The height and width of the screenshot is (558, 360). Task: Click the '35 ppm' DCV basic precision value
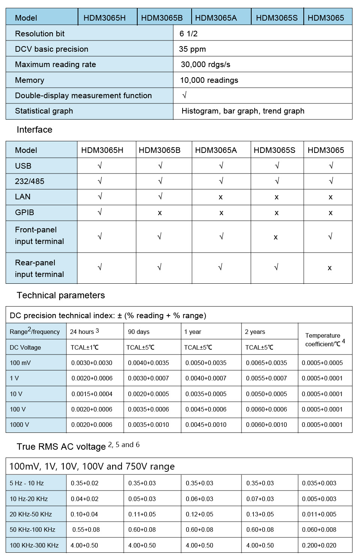[x=192, y=49]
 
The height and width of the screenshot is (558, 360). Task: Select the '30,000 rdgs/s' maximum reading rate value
[x=205, y=64]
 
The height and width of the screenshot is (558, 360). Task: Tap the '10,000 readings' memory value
[x=209, y=80]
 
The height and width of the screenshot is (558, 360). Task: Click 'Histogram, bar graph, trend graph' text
[x=243, y=111]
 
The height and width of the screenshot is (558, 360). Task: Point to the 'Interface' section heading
[x=34, y=130]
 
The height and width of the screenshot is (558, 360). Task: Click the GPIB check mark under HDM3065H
[x=100, y=212]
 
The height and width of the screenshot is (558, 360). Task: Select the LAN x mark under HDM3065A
[x=220, y=197]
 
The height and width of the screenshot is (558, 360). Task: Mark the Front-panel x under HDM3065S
[x=276, y=237]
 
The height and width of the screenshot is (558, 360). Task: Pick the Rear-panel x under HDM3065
[x=330, y=268]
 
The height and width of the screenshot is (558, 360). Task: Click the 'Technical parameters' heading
[x=61, y=295]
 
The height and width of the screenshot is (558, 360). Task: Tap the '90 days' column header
[x=139, y=332]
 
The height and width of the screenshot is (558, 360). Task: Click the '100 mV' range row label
[x=20, y=363]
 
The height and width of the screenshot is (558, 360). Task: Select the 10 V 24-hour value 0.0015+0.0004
[x=92, y=394]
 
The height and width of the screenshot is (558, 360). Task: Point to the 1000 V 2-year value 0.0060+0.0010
[x=266, y=425]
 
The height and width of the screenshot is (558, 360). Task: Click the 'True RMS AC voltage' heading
[x=61, y=447]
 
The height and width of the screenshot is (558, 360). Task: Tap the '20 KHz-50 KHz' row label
[x=31, y=514]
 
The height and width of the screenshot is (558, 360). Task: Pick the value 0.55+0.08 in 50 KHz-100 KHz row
[x=86, y=530]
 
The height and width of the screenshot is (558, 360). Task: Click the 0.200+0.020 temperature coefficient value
[x=319, y=545]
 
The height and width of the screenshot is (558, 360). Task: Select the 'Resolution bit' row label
[x=40, y=34]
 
